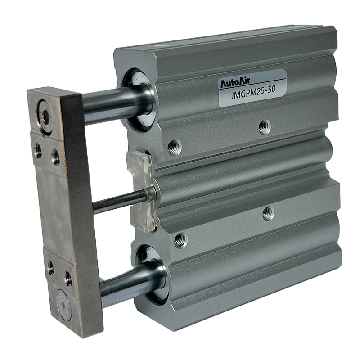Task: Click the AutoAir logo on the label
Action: pyautogui.click(x=235, y=83)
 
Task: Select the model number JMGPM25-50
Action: pyautogui.click(x=253, y=93)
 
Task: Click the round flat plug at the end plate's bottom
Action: pyautogui.click(x=64, y=305)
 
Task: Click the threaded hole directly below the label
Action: pyautogui.click(x=265, y=127)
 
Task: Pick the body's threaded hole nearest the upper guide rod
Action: pyautogui.click(x=174, y=148)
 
